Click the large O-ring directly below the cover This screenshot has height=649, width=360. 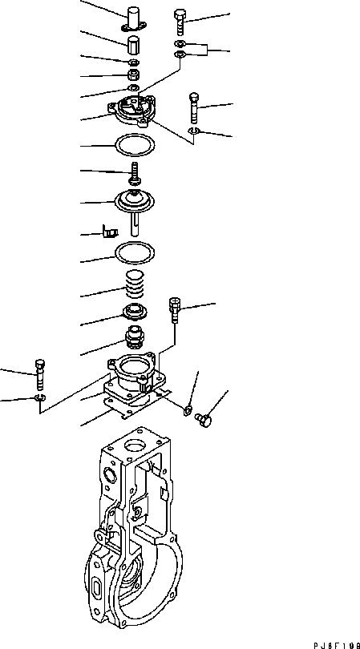pyautogui.click(x=134, y=146)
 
